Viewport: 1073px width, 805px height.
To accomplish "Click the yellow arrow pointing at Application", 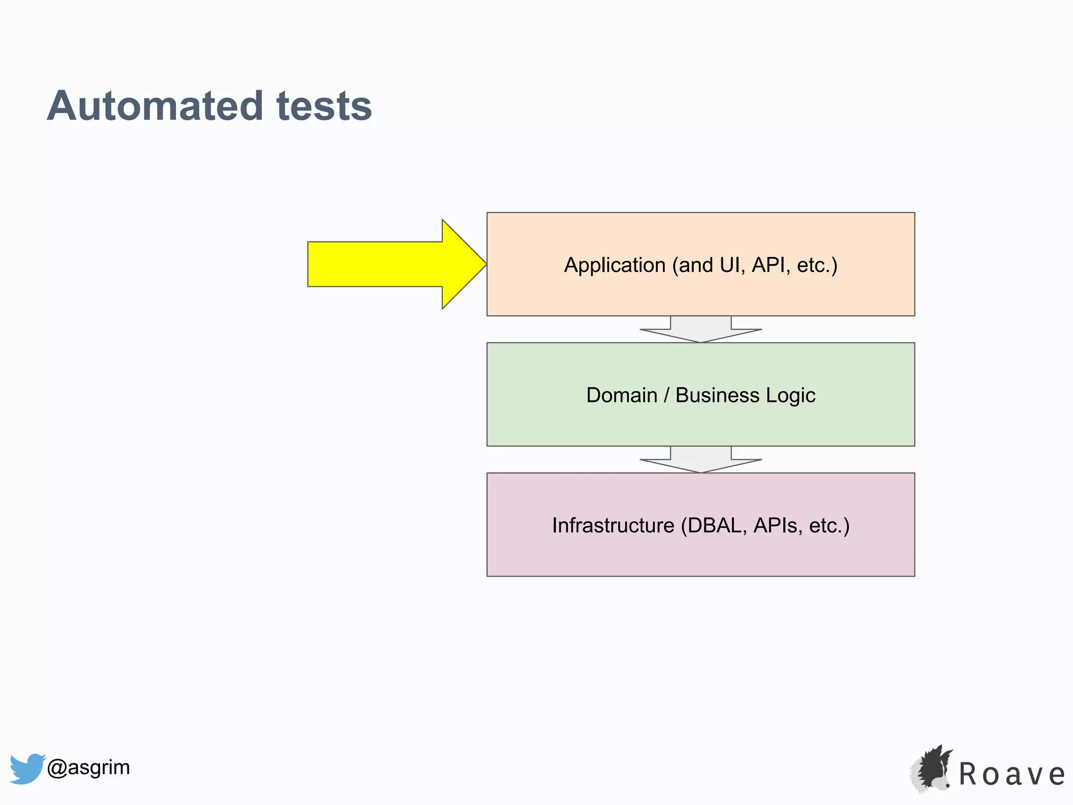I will (x=388, y=264).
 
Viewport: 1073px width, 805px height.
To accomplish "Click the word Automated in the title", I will (x=155, y=106).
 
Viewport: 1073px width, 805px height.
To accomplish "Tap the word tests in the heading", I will (x=324, y=106).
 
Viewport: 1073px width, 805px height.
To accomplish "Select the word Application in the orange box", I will (x=615, y=265).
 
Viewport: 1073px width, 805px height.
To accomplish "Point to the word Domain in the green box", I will (x=621, y=395).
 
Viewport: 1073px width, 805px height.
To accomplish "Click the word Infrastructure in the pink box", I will (x=613, y=525).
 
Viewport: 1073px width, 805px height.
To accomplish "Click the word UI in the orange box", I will (x=729, y=265).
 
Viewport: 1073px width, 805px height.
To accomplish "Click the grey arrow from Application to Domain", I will (x=700, y=330).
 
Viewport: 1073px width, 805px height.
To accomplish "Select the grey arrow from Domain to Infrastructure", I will (x=700, y=460).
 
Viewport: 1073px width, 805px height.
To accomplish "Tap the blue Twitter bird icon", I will (x=27, y=768).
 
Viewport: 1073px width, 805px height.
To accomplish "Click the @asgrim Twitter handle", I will (x=88, y=767).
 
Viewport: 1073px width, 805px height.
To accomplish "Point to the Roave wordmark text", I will (x=1012, y=774).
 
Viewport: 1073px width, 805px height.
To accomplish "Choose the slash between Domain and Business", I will (x=666, y=395).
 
